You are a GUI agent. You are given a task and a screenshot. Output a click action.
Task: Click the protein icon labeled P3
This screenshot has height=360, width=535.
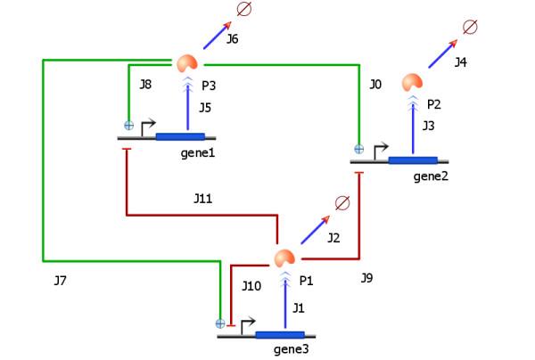[187, 63]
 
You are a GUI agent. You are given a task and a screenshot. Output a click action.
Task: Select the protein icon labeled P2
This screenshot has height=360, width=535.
[412, 82]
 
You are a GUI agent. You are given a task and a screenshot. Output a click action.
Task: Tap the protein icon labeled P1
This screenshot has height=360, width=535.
[284, 259]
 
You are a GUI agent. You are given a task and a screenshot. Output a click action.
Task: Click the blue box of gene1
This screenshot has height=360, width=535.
[180, 136]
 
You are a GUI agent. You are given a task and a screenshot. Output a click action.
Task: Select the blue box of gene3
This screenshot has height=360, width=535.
[280, 335]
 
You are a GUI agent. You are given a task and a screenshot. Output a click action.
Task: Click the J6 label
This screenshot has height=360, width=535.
[232, 39]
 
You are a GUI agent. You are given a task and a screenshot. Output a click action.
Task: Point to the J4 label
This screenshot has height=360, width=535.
[460, 62]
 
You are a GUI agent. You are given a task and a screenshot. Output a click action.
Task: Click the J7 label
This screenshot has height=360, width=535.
[60, 281]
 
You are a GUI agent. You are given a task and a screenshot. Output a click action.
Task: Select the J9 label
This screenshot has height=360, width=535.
[366, 278]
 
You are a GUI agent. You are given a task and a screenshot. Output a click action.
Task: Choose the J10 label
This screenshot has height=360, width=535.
[251, 286]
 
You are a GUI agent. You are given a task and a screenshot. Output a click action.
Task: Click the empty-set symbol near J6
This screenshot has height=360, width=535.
[243, 10]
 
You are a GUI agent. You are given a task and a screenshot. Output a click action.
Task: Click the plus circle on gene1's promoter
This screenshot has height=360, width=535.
[128, 125]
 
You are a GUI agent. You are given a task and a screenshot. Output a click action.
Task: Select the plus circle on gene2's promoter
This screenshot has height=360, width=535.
[359, 149]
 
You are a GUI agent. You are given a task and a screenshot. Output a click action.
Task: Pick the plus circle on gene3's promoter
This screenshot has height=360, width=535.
[220, 323]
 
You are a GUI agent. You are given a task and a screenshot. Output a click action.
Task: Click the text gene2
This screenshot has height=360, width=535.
[431, 176]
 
